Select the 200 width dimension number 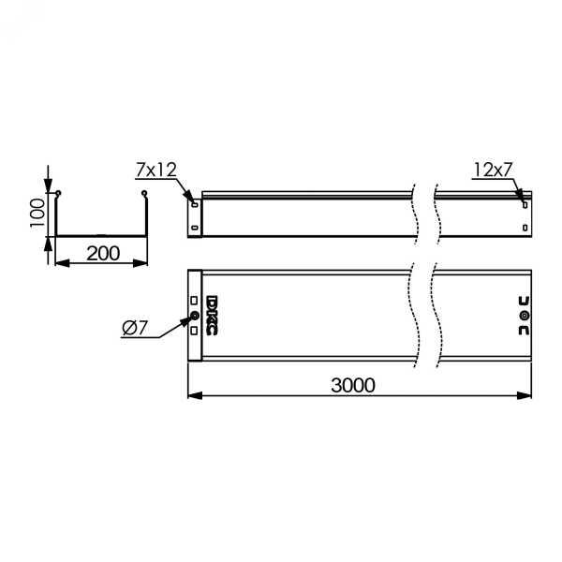tap(102, 252)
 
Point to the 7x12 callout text tap(156, 170)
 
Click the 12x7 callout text tap(493, 170)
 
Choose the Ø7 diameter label tap(135, 328)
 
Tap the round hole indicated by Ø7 tap(195, 316)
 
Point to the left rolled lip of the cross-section tap(58, 195)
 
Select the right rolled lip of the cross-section tap(144, 195)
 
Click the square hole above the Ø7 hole tap(194, 301)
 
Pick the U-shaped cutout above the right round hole tap(524, 301)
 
